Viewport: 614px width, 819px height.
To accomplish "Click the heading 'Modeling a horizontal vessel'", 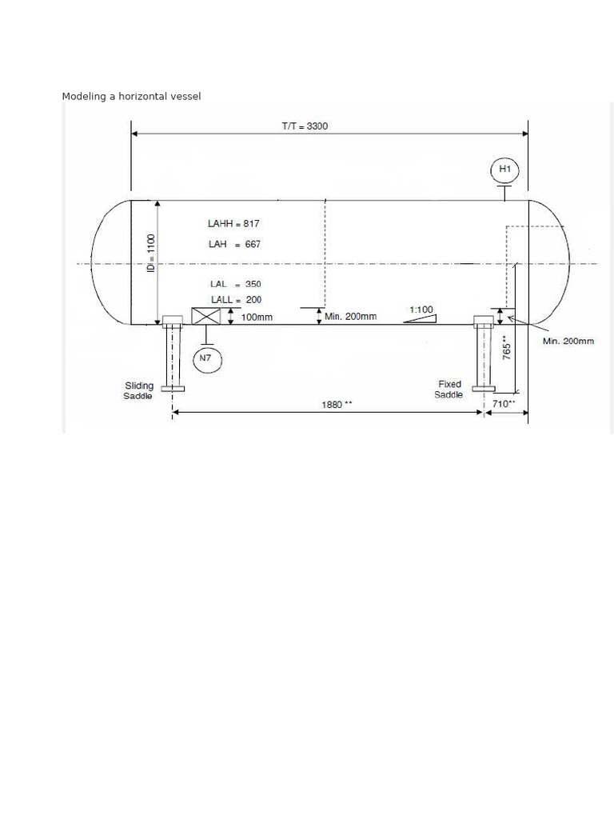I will click(131, 97).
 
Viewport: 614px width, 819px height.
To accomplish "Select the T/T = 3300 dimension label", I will click(305, 126).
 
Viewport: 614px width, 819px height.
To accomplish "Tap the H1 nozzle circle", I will click(504, 170).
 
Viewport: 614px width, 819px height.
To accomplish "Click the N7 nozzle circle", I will click(206, 359).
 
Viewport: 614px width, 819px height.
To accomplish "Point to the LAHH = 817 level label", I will click(233, 224).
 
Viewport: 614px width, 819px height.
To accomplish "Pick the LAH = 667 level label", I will click(234, 245).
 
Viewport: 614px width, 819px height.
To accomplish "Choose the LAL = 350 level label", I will click(235, 284).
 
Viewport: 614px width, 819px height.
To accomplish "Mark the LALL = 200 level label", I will click(236, 300).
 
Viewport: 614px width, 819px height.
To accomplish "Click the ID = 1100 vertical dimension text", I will click(151, 252).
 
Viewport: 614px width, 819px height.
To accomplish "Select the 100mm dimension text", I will click(257, 318).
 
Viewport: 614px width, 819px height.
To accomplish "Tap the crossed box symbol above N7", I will click(205, 316).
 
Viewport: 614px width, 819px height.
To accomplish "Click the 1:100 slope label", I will click(421, 310).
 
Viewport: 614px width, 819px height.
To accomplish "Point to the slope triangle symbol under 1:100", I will click(421, 318).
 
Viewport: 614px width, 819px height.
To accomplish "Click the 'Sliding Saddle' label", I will click(138, 391).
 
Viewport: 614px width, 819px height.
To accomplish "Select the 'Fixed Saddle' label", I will click(449, 390).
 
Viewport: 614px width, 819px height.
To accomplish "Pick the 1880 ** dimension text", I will click(337, 405).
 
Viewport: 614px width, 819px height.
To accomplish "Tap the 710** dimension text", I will click(504, 404).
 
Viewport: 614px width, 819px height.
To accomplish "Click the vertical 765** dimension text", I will click(507, 347).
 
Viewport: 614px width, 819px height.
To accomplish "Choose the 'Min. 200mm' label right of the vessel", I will click(568, 342).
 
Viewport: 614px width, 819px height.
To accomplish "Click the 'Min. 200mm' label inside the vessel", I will click(350, 317).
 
